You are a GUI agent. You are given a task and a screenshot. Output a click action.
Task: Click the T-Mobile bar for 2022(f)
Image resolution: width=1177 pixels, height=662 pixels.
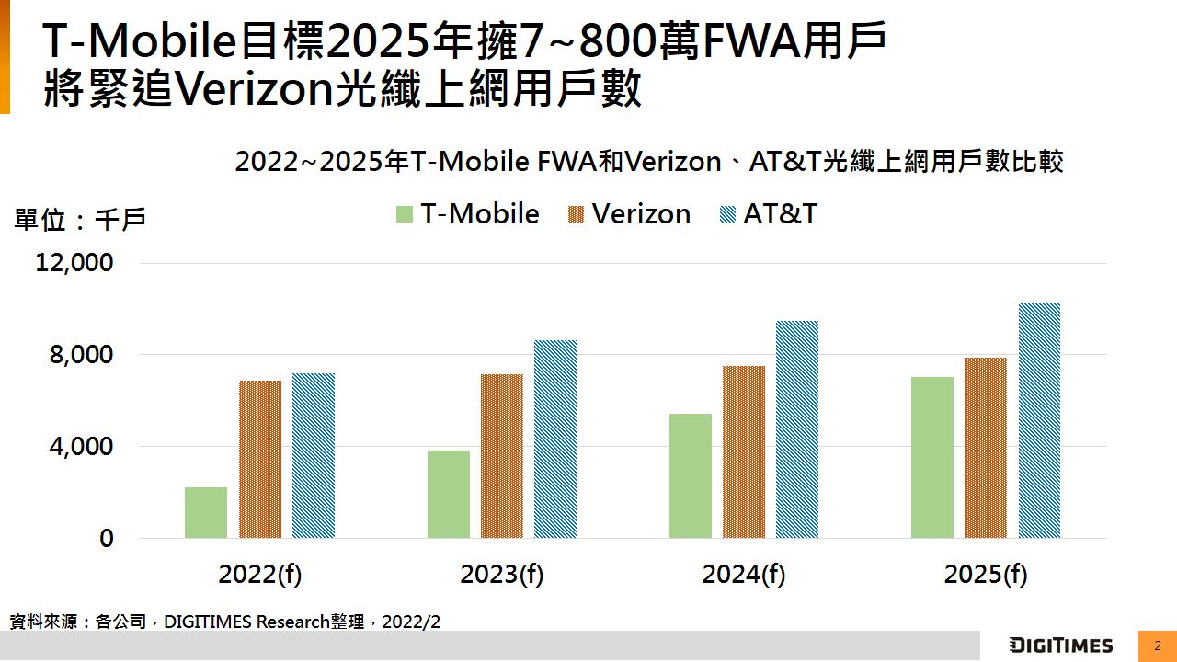coord(206,512)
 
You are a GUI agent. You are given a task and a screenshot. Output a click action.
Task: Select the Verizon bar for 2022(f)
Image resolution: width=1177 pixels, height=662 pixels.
coord(260,459)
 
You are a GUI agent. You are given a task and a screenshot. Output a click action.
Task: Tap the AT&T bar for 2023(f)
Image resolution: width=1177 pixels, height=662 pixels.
coord(555,439)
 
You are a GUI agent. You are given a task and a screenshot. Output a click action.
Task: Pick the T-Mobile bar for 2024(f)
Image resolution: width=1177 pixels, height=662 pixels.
coord(691,475)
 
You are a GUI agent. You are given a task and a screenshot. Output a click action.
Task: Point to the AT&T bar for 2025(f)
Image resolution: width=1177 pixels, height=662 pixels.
coord(1039,420)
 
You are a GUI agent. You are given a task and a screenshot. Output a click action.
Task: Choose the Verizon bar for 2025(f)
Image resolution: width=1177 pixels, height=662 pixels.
coord(986,448)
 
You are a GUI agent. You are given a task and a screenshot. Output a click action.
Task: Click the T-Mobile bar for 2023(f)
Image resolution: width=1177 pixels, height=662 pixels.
coord(449,494)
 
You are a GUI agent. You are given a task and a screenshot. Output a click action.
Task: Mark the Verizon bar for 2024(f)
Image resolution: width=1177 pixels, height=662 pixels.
coord(744,451)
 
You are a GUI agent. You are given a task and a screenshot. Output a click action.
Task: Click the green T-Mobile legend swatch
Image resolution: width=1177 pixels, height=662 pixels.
coord(404,215)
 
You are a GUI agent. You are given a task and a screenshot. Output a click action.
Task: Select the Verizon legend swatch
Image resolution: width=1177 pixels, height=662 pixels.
coord(575,215)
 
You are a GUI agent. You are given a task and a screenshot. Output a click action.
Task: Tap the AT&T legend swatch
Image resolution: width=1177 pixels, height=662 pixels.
coord(726,215)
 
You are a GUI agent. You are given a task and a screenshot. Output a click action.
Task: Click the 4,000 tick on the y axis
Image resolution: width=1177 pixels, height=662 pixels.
coord(81,448)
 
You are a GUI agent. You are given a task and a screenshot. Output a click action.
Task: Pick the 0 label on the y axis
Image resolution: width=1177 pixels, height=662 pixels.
coord(107,539)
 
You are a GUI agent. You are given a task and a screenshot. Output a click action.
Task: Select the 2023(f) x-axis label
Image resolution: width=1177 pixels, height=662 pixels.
coord(501,575)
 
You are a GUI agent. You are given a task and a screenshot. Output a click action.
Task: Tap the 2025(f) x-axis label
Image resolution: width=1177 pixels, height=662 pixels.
coord(985,575)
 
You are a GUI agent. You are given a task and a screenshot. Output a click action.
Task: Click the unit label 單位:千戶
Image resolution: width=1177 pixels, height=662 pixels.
coord(80,221)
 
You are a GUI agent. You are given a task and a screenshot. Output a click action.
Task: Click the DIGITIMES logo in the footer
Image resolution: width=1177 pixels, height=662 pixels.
coord(1061,645)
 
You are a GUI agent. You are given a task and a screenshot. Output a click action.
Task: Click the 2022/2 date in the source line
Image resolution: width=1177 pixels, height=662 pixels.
coord(411,622)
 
